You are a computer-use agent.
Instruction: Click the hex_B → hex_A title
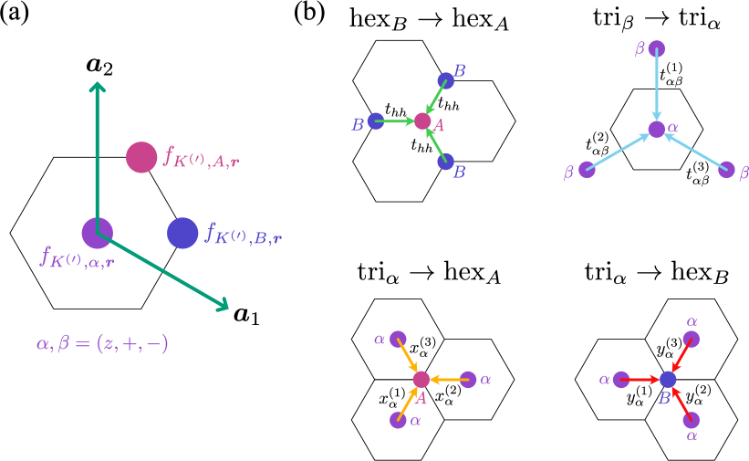[x=429, y=18]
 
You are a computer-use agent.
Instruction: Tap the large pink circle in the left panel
[x=141, y=157]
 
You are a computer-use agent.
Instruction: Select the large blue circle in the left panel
[x=182, y=233]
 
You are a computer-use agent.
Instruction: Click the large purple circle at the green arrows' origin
[x=97, y=233]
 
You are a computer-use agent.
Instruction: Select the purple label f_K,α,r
[x=77, y=257]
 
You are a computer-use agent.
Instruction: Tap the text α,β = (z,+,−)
[x=102, y=344]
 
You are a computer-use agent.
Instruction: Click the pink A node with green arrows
[x=422, y=120]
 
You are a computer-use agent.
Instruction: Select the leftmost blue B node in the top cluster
[x=376, y=120]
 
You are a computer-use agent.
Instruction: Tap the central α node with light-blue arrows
[x=656, y=130]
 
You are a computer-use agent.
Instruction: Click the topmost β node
[x=656, y=48]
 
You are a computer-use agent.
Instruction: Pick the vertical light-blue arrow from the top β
[x=656, y=87]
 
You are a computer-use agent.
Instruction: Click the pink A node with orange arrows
[x=421, y=379]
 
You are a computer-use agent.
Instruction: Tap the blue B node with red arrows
[x=668, y=379]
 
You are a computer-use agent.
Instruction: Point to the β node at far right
[x=726, y=170]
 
